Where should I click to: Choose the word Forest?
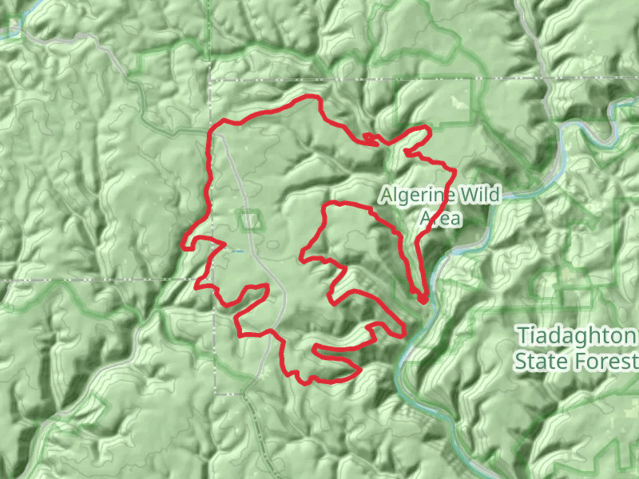[x=605, y=361]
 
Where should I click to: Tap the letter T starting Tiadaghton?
[x=522, y=335]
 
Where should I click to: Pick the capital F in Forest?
[x=580, y=361]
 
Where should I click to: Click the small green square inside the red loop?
[x=250, y=220]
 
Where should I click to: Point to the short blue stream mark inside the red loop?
[x=237, y=251]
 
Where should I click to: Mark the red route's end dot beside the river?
[x=423, y=299]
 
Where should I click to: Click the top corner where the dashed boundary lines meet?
[x=212, y=80]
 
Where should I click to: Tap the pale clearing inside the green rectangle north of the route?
[x=458, y=101]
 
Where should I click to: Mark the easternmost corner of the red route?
[x=455, y=170]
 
